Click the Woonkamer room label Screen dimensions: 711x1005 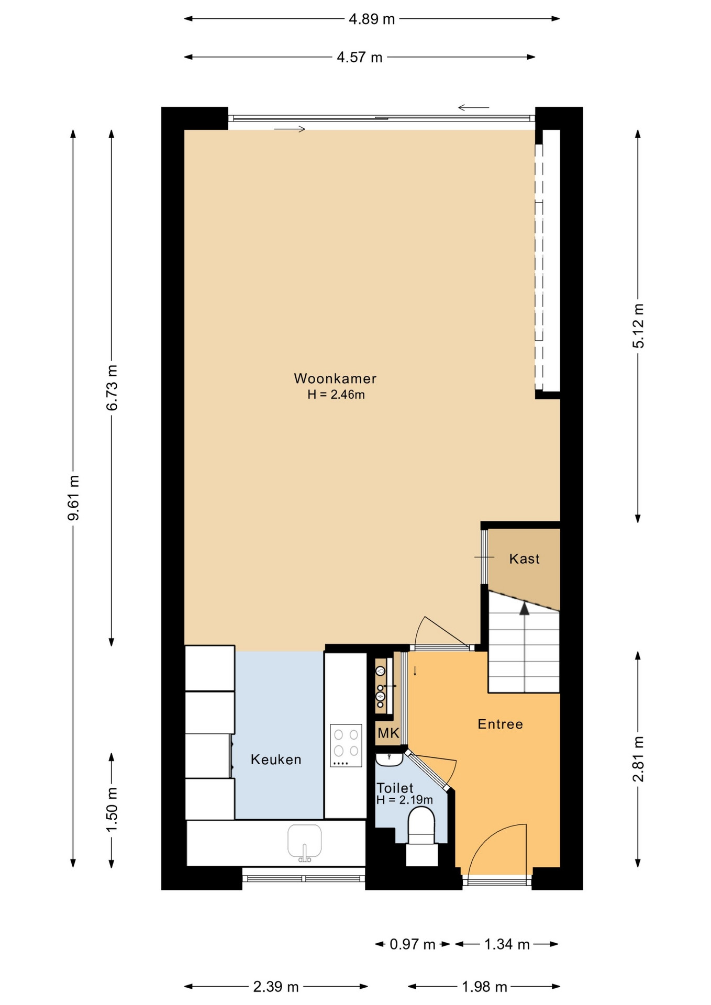(x=335, y=378)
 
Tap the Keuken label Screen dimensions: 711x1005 (x=276, y=760)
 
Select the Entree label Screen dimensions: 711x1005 (x=500, y=724)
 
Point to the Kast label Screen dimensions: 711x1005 (x=524, y=559)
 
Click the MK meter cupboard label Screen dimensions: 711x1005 (x=388, y=733)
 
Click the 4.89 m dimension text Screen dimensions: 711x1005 (x=372, y=19)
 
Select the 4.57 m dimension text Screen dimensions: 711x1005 (x=359, y=57)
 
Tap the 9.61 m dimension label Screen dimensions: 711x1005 (x=74, y=498)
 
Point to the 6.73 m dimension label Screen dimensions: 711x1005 (x=112, y=387)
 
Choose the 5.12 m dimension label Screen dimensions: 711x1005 (x=638, y=326)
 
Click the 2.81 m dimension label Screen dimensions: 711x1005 (x=638, y=759)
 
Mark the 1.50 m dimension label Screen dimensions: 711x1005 (x=112, y=809)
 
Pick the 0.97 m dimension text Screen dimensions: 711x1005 (x=413, y=944)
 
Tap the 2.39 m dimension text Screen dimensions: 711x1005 (x=276, y=987)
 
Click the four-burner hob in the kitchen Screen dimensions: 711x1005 (x=346, y=745)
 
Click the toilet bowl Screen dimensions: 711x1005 (x=421, y=825)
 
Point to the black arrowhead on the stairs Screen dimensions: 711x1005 (x=524, y=608)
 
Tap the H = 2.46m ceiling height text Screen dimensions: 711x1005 (x=336, y=395)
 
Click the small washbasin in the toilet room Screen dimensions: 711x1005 (x=389, y=760)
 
